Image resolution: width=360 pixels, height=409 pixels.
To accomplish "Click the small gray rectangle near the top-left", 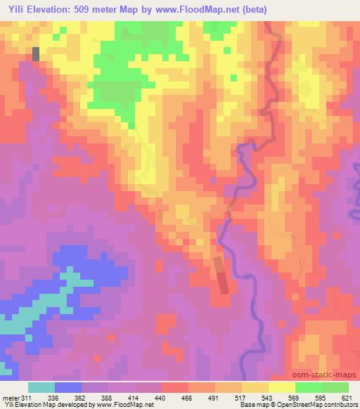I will click(36, 54).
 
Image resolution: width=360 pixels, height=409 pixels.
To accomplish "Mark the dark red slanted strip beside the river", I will click(221, 275).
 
